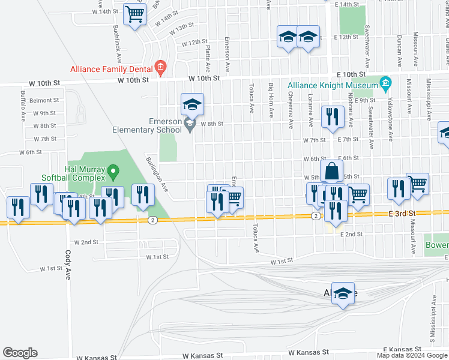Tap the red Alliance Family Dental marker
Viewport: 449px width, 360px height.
coord(160,67)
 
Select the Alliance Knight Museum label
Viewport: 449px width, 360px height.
coord(333,85)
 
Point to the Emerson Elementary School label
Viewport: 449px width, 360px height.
coord(148,125)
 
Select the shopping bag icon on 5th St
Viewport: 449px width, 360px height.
coord(331,171)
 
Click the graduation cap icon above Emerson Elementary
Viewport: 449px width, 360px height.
coord(193,104)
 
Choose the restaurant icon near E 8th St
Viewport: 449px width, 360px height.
coord(332,117)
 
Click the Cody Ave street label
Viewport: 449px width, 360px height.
coord(68,262)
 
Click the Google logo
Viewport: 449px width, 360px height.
coord(20,353)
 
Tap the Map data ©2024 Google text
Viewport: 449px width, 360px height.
coord(412,355)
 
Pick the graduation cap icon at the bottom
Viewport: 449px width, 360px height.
coord(343,293)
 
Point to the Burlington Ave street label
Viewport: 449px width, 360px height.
coord(157,178)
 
